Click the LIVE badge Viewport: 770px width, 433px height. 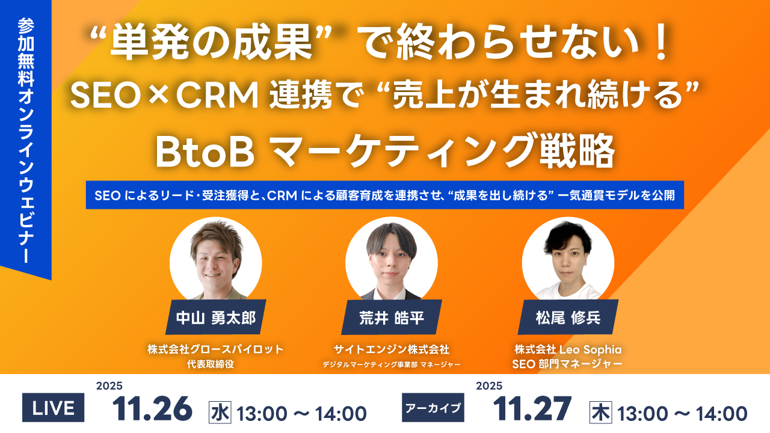(x=53, y=409)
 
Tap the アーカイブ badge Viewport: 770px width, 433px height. (x=433, y=409)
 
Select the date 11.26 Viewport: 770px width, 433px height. (x=152, y=409)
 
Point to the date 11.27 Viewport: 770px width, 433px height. (x=532, y=409)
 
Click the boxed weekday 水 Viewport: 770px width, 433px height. (x=220, y=413)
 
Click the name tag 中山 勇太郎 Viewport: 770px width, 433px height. (x=215, y=318)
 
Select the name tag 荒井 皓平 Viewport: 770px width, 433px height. (x=392, y=318)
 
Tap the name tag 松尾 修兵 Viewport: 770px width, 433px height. (x=568, y=318)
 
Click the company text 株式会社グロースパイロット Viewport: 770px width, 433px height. (x=215, y=349)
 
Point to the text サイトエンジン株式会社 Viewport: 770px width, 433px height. (x=392, y=349)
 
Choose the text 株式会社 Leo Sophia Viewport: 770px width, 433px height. (x=568, y=349)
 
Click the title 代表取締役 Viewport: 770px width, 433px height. (x=215, y=364)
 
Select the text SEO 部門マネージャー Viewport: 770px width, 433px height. (x=568, y=364)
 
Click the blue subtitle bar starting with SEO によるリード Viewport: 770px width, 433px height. (x=385, y=195)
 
